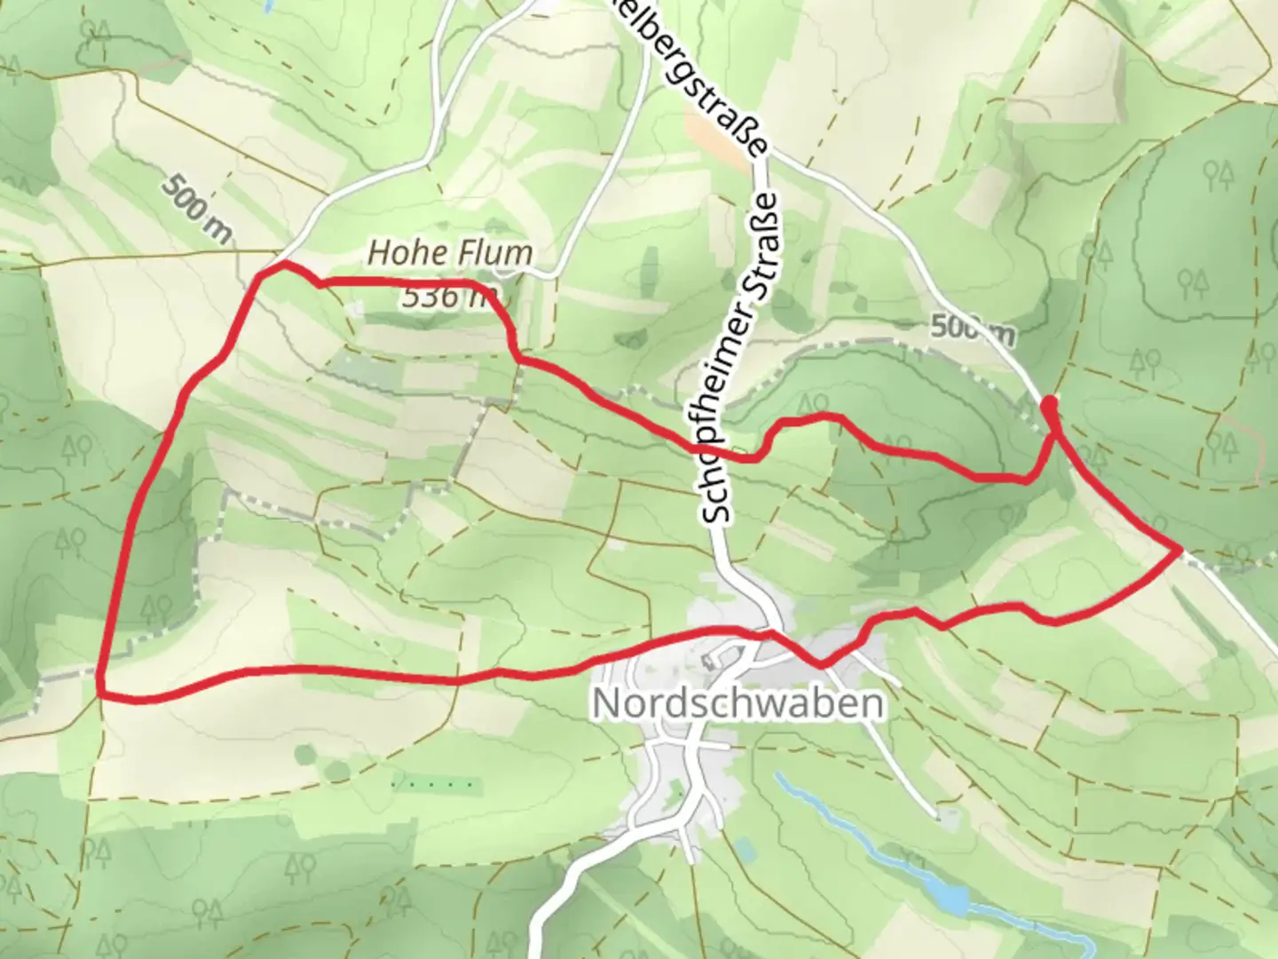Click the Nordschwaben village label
click(x=738, y=702)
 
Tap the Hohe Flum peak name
click(x=450, y=253)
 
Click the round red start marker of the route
click(x=1049, y=406)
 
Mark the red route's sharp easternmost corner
click(x=1179, y=551)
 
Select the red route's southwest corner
click(x=101, y=692)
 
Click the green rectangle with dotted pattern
click(x=437, y=785)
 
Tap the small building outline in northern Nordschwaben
click(x=709, y=661)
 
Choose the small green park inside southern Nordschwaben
click(x=676, y=790)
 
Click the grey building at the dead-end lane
click(x=948, y=818)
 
